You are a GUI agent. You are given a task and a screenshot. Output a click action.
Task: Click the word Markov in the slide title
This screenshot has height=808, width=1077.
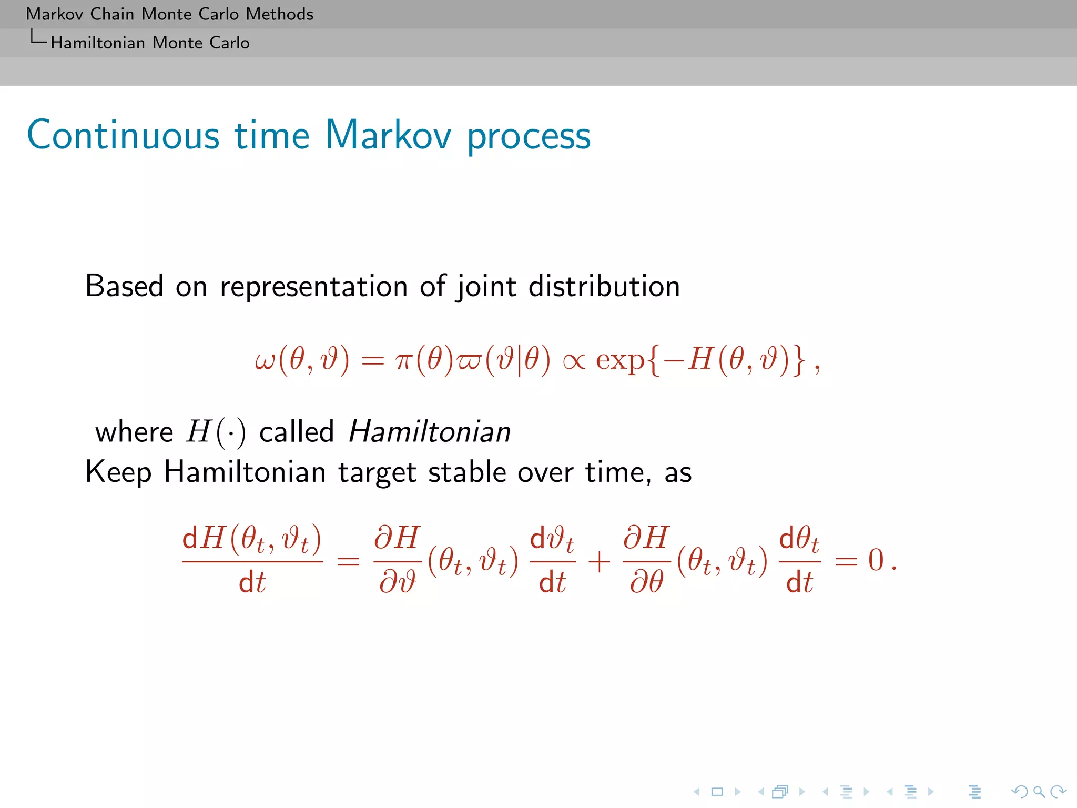(388, 135)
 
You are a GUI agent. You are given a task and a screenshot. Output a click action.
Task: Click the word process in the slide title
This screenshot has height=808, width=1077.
(529, 137)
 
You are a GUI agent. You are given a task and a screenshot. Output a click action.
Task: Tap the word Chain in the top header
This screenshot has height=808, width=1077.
(111, 14)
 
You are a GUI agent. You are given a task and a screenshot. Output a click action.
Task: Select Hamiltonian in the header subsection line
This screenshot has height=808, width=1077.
(97, 43)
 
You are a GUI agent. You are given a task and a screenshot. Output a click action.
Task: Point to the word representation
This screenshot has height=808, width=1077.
(313, 288)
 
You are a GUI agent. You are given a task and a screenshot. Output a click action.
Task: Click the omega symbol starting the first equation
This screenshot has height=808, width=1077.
(265, 361)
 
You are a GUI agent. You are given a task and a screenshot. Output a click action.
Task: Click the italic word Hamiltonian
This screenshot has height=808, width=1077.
(429, 432)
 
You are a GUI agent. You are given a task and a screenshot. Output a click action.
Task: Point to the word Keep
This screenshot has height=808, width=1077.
(118, 472)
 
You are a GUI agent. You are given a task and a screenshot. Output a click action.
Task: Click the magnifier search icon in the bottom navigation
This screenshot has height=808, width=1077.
(1039, 792)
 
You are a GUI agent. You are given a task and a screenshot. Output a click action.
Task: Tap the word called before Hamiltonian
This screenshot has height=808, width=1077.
(297, 432)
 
